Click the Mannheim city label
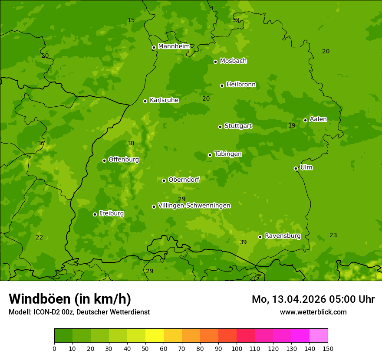(174, 46)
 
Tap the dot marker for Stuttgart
(220, 127)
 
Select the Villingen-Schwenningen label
(194, 206)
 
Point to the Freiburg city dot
(95, 214)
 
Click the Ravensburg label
(283, 236)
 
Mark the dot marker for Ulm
(296, 168)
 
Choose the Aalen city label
(318, 119)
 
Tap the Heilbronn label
(241, 85)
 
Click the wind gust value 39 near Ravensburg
(243, 242)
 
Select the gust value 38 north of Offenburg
(131, 143)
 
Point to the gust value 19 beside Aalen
(292, 125)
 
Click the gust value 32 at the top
(235, 20)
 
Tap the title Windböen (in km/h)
(70, 299)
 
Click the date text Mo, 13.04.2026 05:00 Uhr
(313, 299)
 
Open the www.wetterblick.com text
(313, 312)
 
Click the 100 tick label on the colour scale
(237, 348)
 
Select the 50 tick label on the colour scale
(145, 348)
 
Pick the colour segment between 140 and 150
(319, 336)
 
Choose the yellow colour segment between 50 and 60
(155, 336)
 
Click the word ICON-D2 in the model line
(47, 312)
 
